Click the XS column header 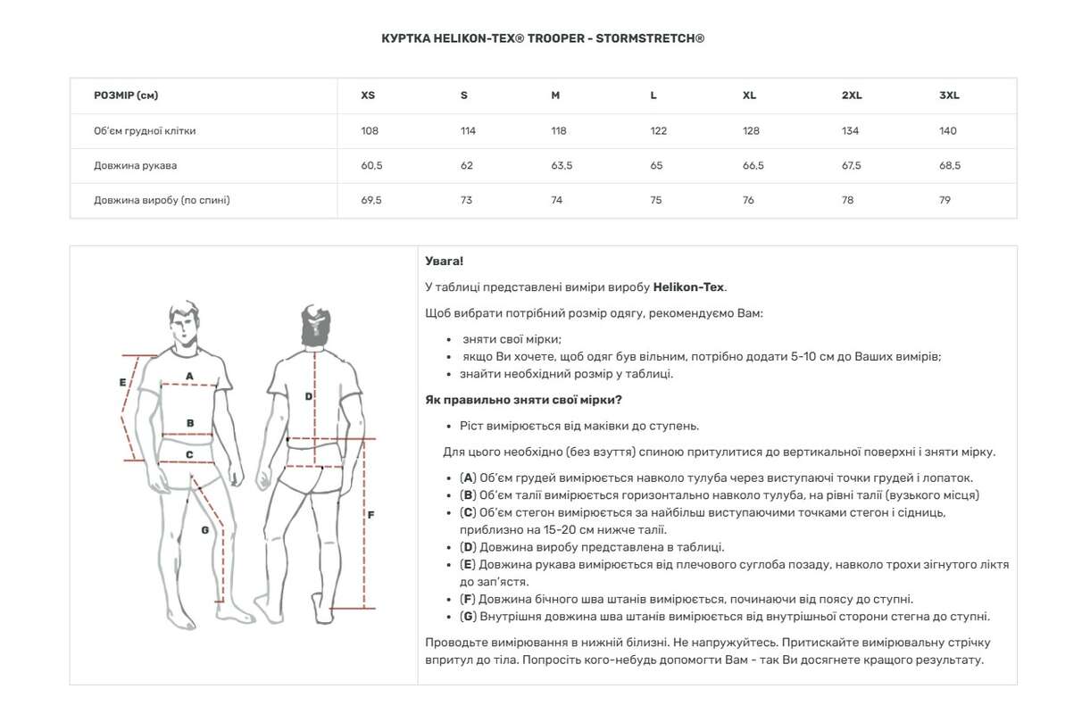coord(368,95)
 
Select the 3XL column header coord(949,95)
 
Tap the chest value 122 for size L coord(659,131)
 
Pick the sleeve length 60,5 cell coord(371,166)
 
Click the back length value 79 coord(945,201)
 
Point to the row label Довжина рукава coord(135,166)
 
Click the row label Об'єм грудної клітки coord(145,131)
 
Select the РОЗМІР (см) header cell coord(126,95)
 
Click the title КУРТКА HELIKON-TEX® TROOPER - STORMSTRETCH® coord(543,38)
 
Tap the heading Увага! coord(445,262)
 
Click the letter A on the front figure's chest coord(189,377)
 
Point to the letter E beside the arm coord(123,383)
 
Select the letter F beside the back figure coord(370,515)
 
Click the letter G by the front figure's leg coord(204,529)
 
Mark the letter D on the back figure coord(309,396)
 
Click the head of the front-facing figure coord(184,324)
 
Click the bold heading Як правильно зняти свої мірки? coord(524,400)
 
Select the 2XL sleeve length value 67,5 coord(851,166)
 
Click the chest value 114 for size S coord(468,131)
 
